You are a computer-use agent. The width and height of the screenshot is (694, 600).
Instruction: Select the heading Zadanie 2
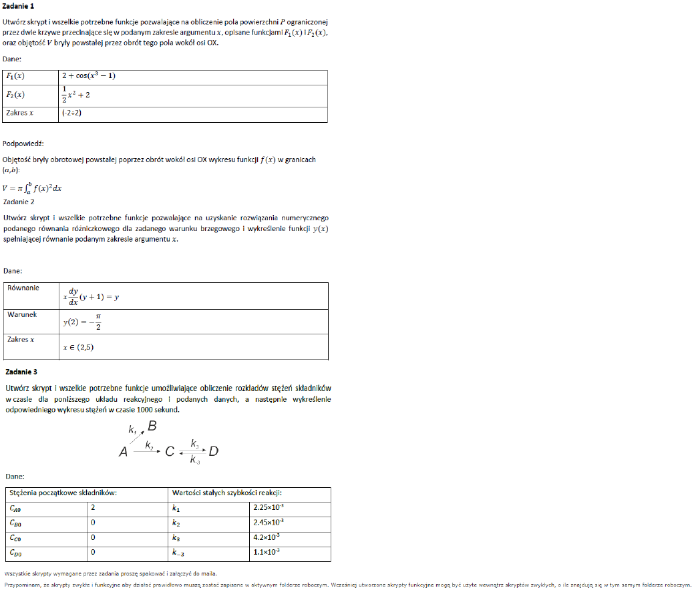(19, 202)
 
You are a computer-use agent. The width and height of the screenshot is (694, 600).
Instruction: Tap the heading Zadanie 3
(21, 371)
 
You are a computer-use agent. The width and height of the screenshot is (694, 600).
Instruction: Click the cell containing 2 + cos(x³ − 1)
(89, 76)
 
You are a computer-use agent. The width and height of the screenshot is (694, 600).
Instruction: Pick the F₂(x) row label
(15, 95)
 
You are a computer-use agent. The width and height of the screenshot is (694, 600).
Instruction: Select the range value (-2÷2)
(71, 113)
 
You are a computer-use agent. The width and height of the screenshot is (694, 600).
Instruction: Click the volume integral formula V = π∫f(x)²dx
(33, 188)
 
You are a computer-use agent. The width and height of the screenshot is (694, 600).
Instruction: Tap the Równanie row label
(23, 288)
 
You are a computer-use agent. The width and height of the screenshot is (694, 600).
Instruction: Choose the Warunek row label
(22, 314)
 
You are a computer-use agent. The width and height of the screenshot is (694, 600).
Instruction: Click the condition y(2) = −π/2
(83, 322)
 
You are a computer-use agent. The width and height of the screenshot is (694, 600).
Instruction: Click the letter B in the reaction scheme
(152, 426)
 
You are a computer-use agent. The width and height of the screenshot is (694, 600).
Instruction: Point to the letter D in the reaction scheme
(214, 452)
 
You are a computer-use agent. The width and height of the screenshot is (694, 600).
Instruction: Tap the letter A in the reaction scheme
(123, 453)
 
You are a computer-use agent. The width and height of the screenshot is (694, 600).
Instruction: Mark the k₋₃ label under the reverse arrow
(194, 460)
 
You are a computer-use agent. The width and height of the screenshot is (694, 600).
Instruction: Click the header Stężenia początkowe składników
(63, 493)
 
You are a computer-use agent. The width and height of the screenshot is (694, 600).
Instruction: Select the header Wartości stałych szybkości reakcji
(231, 493)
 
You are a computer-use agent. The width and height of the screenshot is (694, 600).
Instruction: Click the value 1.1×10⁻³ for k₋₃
(266, 552)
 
